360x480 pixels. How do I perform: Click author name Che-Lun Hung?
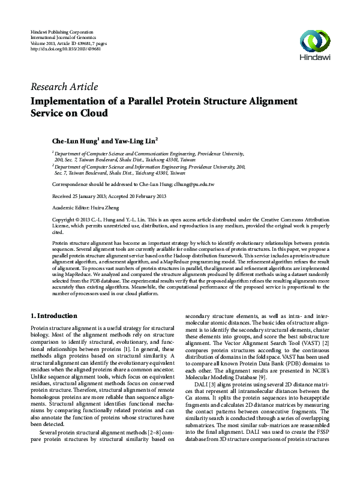(74, 141)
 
